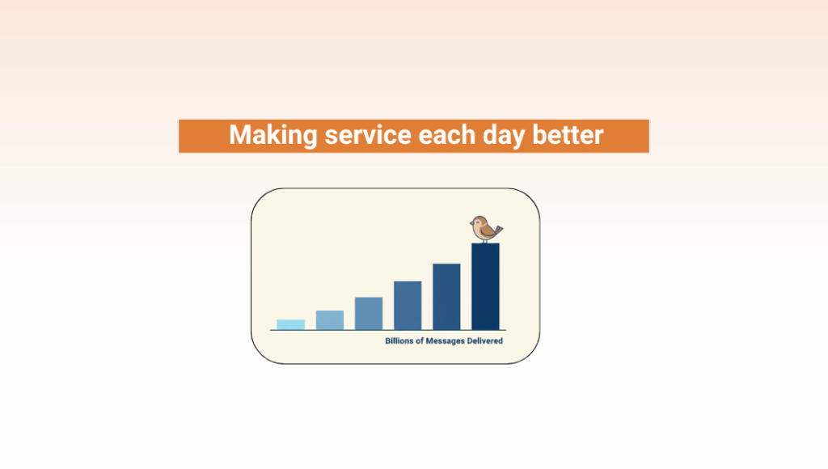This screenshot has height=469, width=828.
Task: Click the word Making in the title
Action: point(272,135)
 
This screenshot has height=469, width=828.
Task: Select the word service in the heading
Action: point(368,135)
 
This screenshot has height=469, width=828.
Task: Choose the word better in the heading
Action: point(568,135)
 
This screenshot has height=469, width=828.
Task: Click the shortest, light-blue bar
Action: point(290,325)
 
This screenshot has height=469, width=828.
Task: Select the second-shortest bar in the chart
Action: point(330,320)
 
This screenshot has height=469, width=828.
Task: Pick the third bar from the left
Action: point(369,314)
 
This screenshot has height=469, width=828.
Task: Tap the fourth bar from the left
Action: point(408,306)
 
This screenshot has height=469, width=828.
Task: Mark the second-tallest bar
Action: point(446,297)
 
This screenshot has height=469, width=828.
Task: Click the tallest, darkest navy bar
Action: point(485,287)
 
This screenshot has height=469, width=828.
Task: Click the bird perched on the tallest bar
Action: point(486,229)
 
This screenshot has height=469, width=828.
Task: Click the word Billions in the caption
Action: point(399,341)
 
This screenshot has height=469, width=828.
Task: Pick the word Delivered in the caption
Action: point(485,341)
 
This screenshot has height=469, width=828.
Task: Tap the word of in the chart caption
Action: point(420,341)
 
